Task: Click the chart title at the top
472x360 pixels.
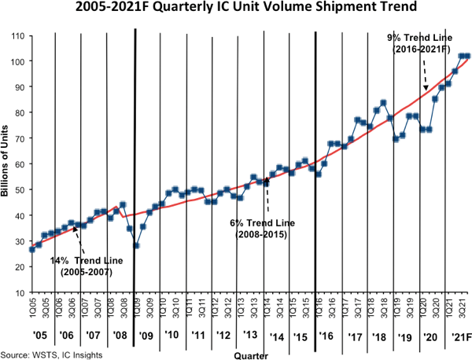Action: point(236,11)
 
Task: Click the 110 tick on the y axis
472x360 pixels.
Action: point(18,35)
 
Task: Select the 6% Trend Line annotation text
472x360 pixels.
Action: point(259,229)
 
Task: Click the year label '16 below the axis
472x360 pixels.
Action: point(326,336)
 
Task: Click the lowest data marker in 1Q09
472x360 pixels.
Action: point(136,246)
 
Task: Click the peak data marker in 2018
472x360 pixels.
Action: point(383,103)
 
